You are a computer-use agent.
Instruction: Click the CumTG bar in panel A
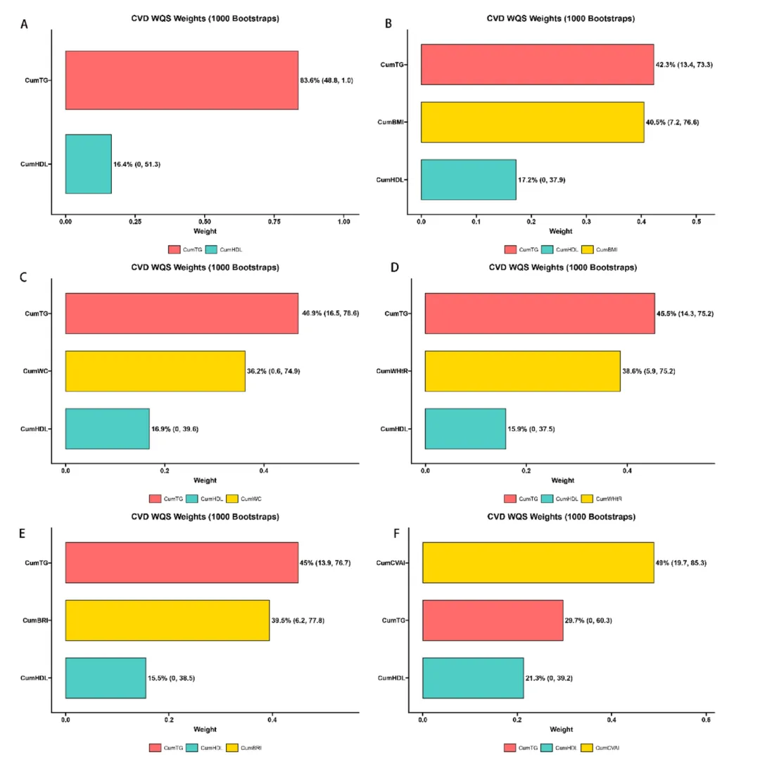182,80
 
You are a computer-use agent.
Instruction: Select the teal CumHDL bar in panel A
88,163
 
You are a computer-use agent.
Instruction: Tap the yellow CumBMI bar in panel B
532,122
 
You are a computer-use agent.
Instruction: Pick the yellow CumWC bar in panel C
155,370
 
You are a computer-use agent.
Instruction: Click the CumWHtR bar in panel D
522,371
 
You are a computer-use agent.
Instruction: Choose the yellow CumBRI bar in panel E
167,620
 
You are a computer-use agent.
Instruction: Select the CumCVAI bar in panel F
538,563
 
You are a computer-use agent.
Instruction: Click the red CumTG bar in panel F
493,620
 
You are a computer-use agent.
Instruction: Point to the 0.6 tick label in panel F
707,721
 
